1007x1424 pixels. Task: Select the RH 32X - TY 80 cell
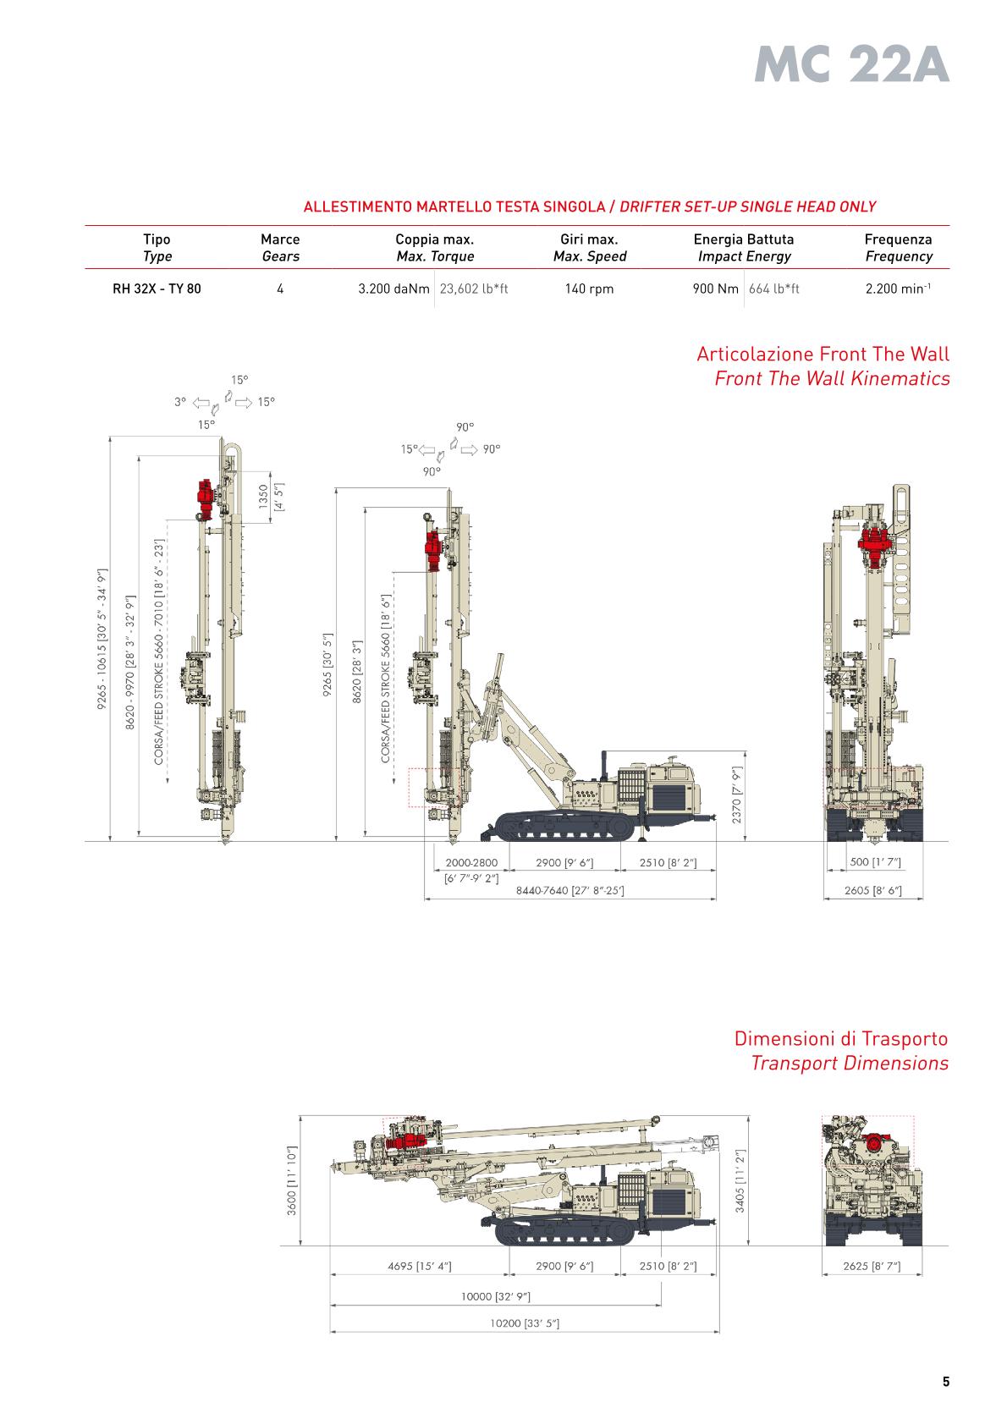click(157, 289)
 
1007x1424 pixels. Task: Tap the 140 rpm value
click(589, 289)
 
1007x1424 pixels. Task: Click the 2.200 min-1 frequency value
click(898, 289)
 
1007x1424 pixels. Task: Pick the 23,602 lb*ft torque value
click(474, 289)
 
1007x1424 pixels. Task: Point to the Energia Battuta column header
click(743, 239)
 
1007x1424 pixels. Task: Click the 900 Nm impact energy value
click(715, 289)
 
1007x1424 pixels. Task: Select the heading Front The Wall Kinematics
click(832, 378)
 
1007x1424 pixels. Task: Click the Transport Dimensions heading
click(850, 1063)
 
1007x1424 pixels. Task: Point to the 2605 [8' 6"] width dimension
click(872, 890)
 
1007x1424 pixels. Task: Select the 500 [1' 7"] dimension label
click(875, 862)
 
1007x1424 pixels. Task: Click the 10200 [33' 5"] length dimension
click(525, 1323)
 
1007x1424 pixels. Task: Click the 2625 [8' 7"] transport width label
click(872, 1267)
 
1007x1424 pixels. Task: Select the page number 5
click(946, 1383)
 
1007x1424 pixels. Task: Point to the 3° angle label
click(180, 402)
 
